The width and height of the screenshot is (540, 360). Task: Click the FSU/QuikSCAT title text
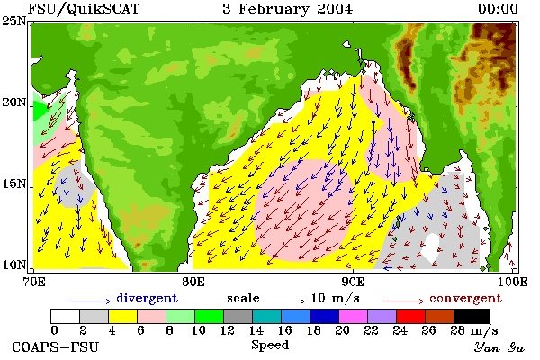(x=84, y=9)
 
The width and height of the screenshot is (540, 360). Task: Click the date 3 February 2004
(x=288, y=9)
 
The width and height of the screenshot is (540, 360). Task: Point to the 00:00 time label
(x=498, y=9)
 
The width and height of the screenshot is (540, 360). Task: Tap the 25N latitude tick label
(x=14, y=21)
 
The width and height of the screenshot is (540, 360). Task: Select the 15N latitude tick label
(x=14, y=184)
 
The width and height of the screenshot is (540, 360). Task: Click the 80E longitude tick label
(x=193, y=282)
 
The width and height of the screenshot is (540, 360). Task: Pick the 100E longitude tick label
(x=513, y=282)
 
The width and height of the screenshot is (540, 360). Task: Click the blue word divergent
(x=147, y=298)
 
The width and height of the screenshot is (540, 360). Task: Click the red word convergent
(x=465, y=298)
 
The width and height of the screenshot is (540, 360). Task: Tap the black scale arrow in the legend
(x=284, y=301)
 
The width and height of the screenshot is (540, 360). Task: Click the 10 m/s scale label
(x=335, y=298)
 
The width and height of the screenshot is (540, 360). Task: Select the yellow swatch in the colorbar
(x=122, y=316)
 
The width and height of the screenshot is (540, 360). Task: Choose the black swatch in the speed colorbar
(x=472, y=316)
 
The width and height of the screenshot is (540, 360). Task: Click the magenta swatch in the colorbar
(x=353, y=316)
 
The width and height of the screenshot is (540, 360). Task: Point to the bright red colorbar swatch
(x=410, y=316)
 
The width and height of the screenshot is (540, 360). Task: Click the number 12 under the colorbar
(x=228, y=330)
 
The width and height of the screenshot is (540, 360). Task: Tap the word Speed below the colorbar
(x=270, y=346)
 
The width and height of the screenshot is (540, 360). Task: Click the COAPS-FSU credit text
(x=55, y=346)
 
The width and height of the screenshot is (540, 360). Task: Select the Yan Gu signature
(x=499, y=347)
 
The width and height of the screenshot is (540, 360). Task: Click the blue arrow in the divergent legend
(x=91, y=301)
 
